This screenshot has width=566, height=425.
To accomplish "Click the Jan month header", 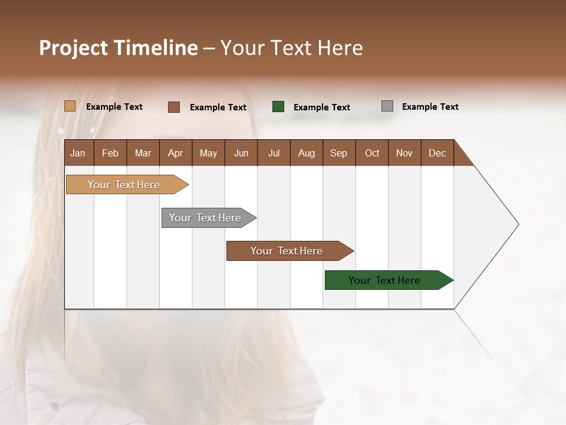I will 78,153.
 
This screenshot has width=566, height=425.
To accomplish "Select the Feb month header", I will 110,153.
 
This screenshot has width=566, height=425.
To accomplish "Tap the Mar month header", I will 143,153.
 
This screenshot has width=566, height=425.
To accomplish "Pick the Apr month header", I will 175,153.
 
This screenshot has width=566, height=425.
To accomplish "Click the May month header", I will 208,153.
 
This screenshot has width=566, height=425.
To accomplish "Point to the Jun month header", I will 241,153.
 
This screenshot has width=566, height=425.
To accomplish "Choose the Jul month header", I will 274,153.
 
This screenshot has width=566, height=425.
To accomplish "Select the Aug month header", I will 306,153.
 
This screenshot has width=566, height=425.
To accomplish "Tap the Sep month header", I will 338,153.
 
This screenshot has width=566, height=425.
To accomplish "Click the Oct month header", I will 372,153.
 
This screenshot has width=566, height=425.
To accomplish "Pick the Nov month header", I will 404,153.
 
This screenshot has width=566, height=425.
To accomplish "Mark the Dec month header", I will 437,153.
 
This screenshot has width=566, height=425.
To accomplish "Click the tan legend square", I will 70,106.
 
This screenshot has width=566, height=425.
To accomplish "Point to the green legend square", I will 278,107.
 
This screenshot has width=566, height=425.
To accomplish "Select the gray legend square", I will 387,106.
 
